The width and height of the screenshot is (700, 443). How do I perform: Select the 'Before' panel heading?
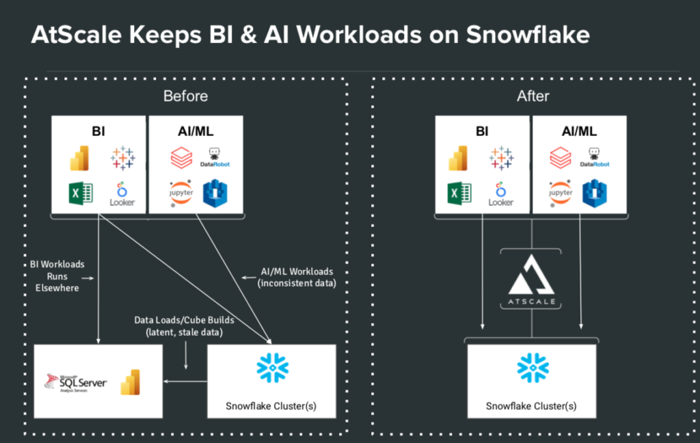[x=185, y=96]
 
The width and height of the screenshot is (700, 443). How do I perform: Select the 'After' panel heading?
[x=533, y=96]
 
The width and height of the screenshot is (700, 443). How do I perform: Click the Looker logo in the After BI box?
[x=501, y=193]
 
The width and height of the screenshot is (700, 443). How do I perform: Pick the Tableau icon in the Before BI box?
[x=123, y=159]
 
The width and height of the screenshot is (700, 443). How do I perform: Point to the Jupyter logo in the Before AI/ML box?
[x=181, y=193]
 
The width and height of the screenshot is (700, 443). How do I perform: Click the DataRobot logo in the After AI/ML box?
[x=594, y=158]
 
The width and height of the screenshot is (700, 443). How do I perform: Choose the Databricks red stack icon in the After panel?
[x=561, y=158]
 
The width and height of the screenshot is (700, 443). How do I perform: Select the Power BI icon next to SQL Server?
[x=130, y=381]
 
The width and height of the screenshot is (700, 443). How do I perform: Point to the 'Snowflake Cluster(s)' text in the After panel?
[x=531, y=406]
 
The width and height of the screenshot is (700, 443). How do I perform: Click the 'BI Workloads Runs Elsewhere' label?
[x=57, y=276]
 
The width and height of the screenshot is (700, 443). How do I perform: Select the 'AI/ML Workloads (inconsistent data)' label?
[x=298, y=277]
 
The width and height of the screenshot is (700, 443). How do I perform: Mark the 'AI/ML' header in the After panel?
[x=579, y=131]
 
